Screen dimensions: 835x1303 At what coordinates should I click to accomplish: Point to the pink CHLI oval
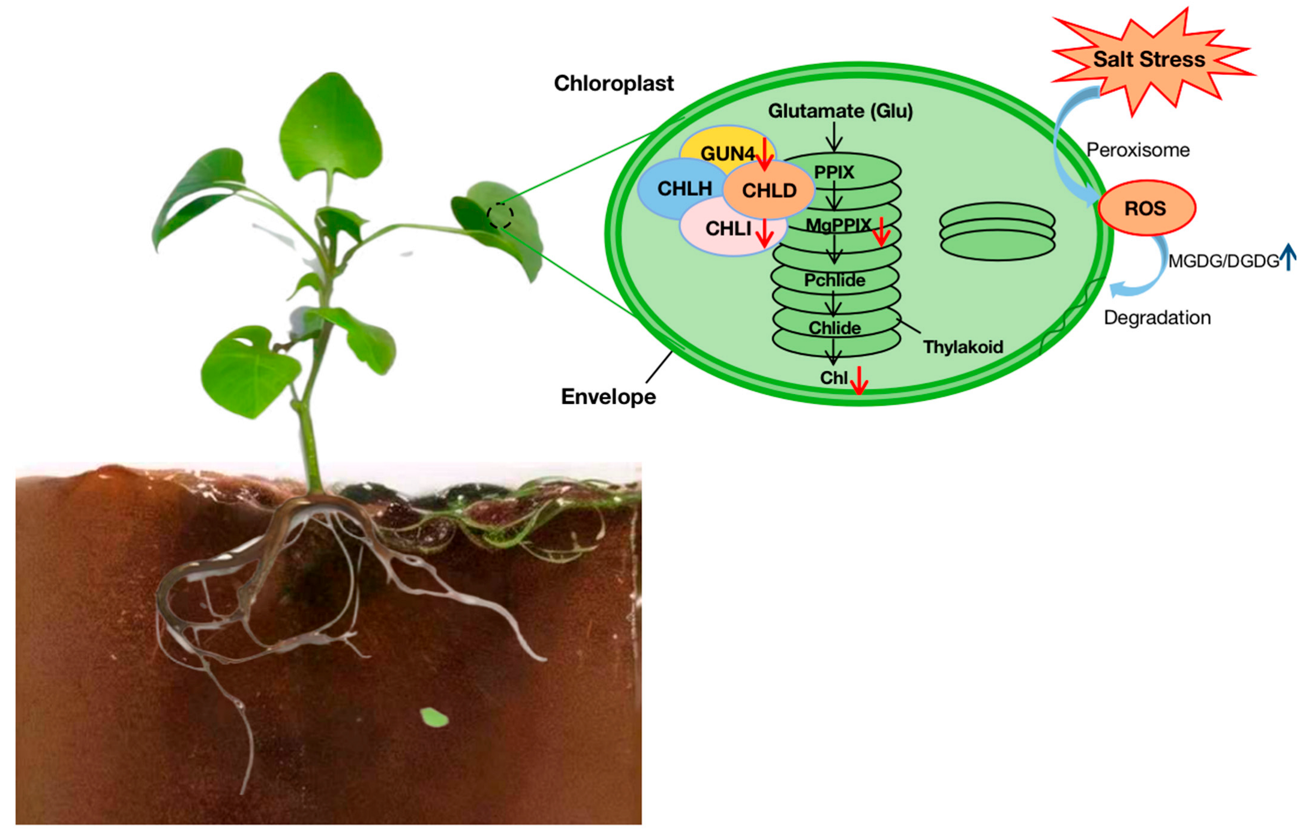click(x=726, y=231)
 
